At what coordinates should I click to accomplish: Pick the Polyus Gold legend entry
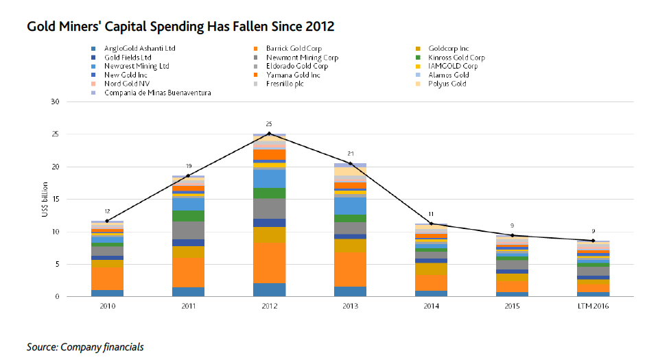(447, 84)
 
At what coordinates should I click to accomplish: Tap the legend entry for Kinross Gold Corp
(456, 58)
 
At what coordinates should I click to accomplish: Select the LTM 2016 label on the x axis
(594, 307)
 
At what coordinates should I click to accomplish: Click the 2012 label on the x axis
(269, 307)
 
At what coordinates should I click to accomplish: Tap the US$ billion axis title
(45, 200)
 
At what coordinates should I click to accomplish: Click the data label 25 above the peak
(269, 124)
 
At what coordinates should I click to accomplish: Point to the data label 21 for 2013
(350, 154)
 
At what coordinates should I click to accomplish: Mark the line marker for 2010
(106, 221)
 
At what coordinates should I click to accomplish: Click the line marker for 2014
(432, 224)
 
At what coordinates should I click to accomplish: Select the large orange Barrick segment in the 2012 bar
(269, 263)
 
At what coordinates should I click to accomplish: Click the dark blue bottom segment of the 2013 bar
(350, 291)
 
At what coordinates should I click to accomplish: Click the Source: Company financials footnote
(85, 347)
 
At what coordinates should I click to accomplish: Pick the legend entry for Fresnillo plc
(285, 84)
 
